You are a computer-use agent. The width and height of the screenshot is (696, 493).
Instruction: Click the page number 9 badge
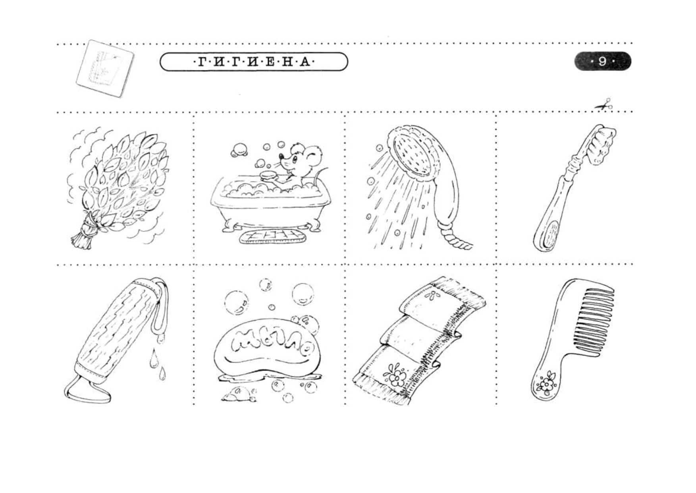(x=602, y=62)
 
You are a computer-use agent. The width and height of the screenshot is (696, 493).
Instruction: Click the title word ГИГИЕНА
(x=254, y=62)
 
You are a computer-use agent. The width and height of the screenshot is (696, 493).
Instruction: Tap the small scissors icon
(x=603, y=105)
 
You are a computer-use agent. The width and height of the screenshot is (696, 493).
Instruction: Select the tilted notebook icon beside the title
(x=104, y=68)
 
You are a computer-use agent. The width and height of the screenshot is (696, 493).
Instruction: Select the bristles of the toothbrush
(x=600, y=145)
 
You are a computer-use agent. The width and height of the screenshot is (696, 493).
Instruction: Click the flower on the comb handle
(x=547, y=383)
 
